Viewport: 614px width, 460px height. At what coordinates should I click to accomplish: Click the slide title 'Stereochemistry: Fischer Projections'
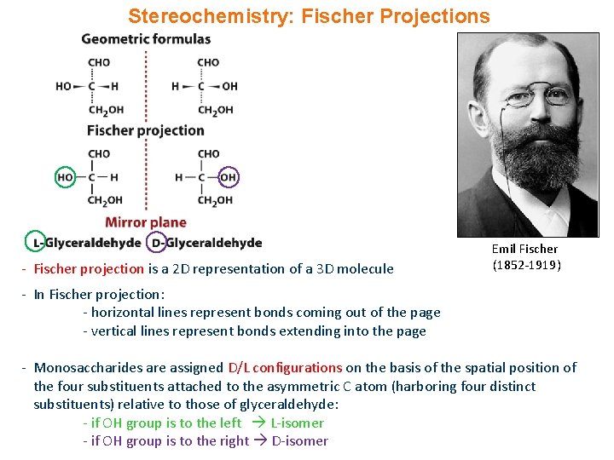pyautogui.click(x=309, y=16)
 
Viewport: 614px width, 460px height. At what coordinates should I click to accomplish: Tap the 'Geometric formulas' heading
pyautogui.click(x=146, y=39)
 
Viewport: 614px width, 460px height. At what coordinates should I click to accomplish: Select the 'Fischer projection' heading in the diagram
pyautogui.click(x=145, y=130)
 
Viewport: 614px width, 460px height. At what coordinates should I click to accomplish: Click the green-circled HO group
pyautogui.click(x=65, y=177)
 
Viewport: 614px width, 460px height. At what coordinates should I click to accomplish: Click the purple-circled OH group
pyautogui.click(x=228, y=177)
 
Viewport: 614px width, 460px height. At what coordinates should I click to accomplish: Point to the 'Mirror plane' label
pyautogui.click(x=145, y=223)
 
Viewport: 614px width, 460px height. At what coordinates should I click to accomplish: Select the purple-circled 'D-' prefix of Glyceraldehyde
pyautogui.click(x=157, y=243)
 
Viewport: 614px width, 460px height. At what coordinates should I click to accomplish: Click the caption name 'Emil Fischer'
pyautogui.click(x=524, y=249)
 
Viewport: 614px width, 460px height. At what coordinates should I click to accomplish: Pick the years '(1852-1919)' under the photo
pyautogui.click(x=526, y=264)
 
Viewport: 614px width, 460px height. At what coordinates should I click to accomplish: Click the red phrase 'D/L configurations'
pyautogui.click(x=285, y=368)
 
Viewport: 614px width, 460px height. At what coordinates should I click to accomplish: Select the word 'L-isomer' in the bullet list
pyautogui.click(x=297, y=423)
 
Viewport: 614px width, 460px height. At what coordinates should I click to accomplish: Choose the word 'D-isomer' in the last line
pyautogui.click(x=299, y=441)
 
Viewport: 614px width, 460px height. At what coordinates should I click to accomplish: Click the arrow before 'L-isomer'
pyautogui.click(x=257, y=423)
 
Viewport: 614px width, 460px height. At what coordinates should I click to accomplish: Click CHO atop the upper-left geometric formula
pyautogui.click(x=99, y=62)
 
